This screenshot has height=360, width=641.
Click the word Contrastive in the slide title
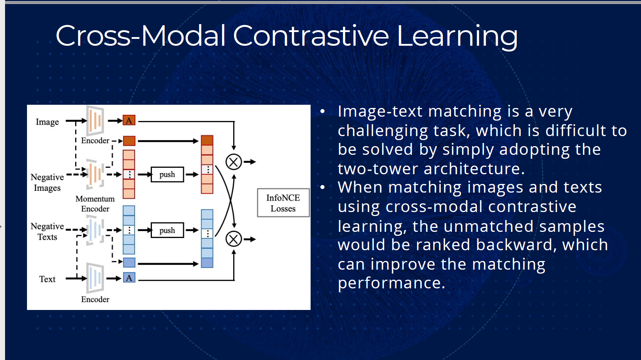coord(311,36)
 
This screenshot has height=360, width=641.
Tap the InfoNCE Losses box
coord(283,203)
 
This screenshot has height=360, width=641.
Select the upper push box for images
coord(167,175)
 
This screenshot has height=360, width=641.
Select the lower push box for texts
coord(167,230)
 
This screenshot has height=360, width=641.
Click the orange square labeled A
coord(129,121)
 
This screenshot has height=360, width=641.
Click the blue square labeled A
coord(129,278)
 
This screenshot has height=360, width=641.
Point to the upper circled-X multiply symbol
coord(234,162)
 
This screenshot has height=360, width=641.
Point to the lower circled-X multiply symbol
coord(234,239)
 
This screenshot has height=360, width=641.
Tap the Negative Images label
coord(47,183)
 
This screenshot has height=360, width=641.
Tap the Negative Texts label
coord(47,231)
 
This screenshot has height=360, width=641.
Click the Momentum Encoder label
coord(95,204)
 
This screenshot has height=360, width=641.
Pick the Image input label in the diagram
coord(47,122)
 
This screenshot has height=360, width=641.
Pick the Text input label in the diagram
coord(47,279)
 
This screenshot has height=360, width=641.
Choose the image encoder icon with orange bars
coord(95,121)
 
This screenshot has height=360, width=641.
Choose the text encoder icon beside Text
coord(95,278)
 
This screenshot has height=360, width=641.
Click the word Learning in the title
coord(457,37)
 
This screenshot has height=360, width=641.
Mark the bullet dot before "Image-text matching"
coord(322,112)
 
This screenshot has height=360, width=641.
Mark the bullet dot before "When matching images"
coord(322,187)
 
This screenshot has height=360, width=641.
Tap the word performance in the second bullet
coord(391,283)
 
